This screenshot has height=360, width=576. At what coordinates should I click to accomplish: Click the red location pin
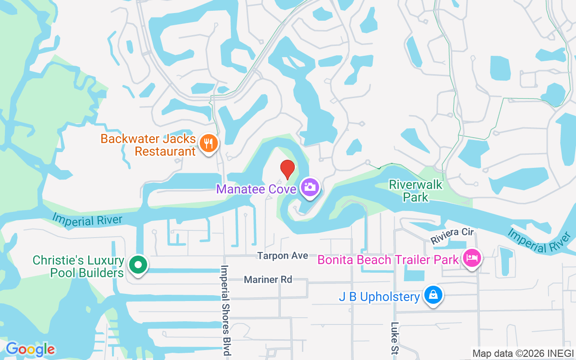pyautogui.click(x=288, y=169)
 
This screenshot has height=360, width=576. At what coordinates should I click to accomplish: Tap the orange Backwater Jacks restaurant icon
pyautogui.click(x=208, y=144)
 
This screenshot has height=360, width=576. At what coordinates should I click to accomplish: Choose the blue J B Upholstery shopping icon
pyautogui.click(x=433, y=295)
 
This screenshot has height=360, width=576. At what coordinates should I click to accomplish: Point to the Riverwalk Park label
pyautogui.click(x=416, y=191)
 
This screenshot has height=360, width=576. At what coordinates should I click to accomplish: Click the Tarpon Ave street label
pyautogui.click(x=283, y=256)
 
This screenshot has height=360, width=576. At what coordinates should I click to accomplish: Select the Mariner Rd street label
pyautogui.click(x=268, y=279)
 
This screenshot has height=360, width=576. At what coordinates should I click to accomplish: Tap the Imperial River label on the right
pyautogui.click(x=540, y=240)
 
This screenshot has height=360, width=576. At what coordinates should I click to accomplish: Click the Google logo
pyautogui.click(x=30, y=349)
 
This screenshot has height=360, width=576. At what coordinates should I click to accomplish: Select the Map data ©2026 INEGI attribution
pyautogui.click(x=523, y=353)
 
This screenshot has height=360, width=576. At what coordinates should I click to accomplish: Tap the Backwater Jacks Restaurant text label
pyautogui.click(x=148, y=145)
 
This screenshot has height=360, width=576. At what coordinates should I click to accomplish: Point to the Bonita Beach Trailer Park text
pyautogui.click(x=388, y=260)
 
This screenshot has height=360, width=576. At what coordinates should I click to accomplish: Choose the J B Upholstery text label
pyautogui.click(x=379, y=297)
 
